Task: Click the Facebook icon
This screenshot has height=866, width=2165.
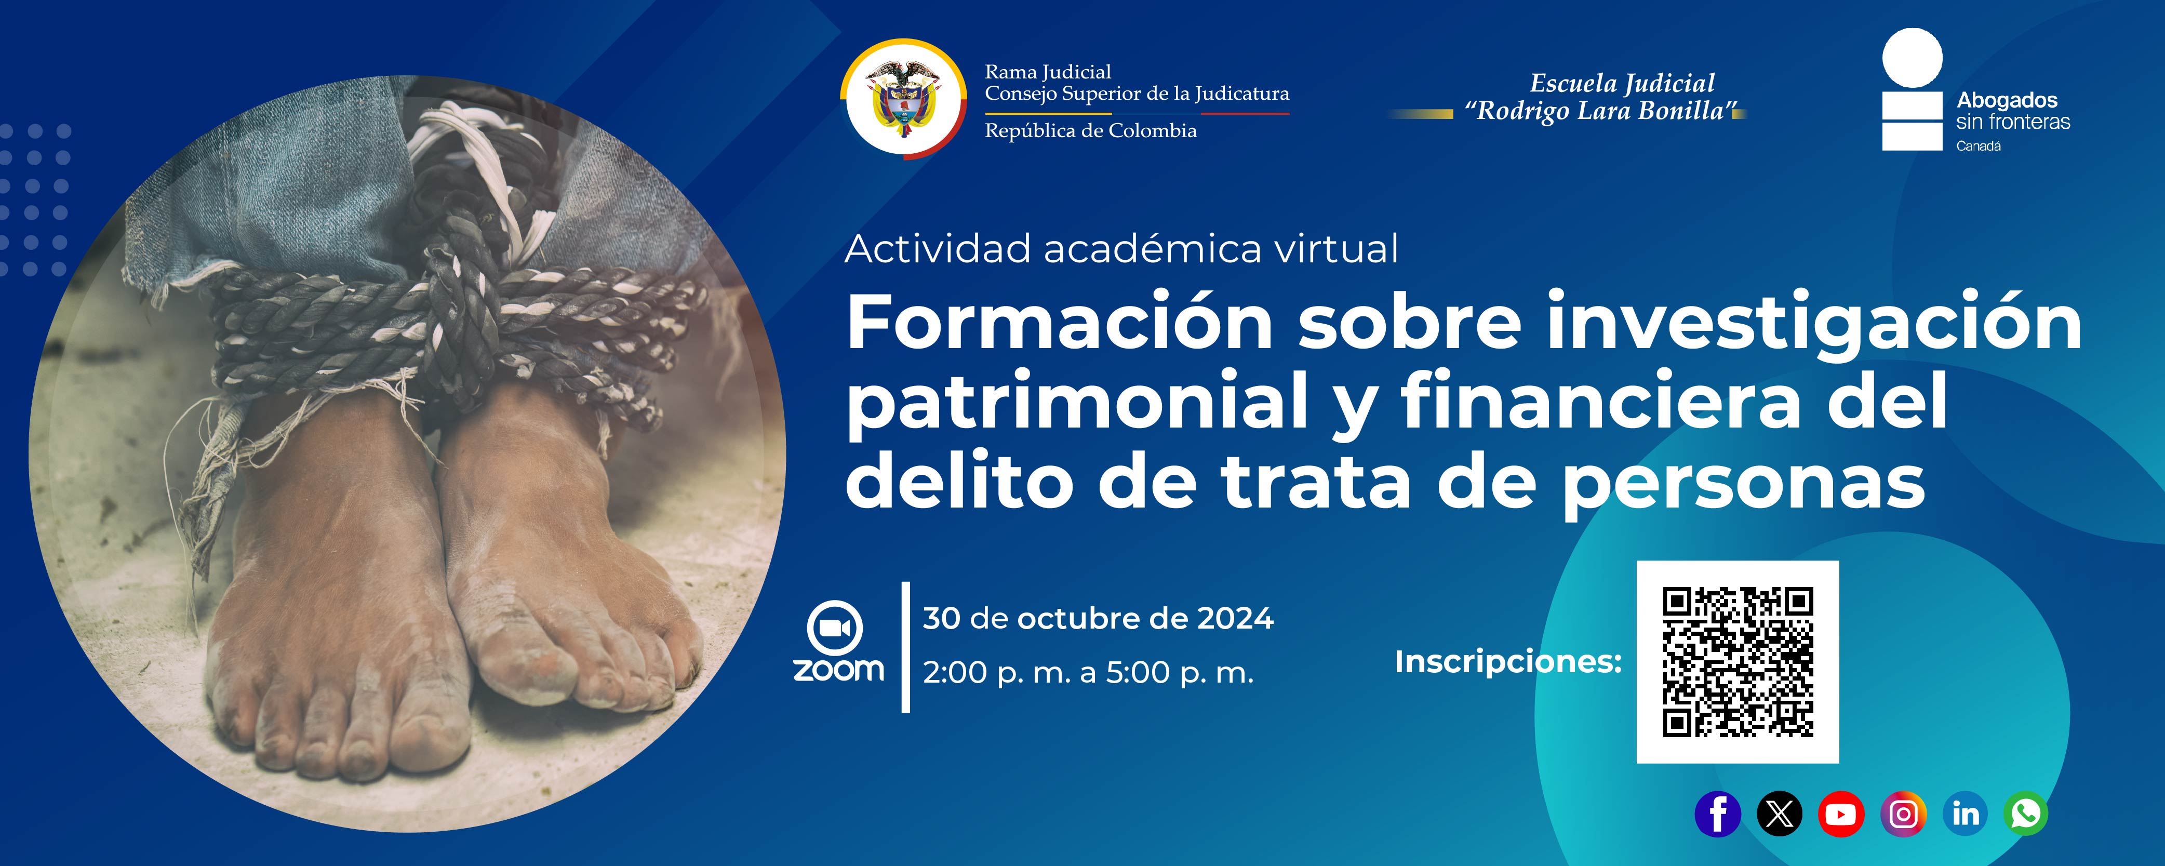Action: [x=1718, y=814]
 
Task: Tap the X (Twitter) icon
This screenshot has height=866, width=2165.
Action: [x=1779, y=814]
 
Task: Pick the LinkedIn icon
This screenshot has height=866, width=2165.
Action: [x=1965, y=814]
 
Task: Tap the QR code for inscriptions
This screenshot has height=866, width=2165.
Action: [x=1737, y=662]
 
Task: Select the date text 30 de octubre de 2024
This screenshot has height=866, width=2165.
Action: [x=1098, y=619]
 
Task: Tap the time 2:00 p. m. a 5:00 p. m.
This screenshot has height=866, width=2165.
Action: [x=1088, y=673]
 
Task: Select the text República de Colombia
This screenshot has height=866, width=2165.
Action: [x=1090, y=131]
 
